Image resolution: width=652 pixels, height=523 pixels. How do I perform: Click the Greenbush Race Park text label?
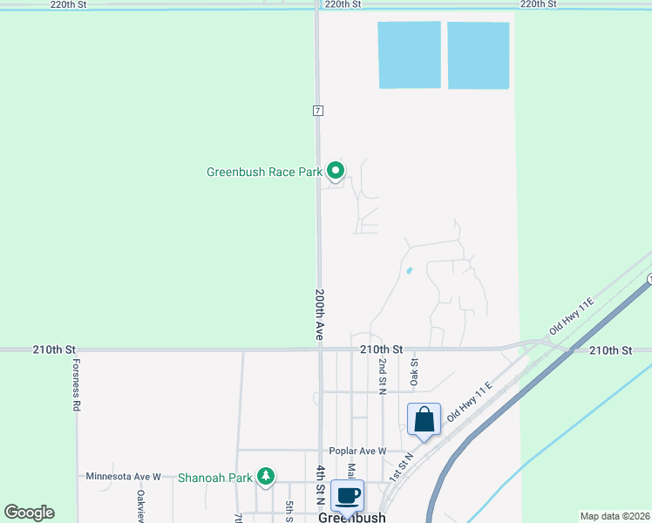click(264, 172)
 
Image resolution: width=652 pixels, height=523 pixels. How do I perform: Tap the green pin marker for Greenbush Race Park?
click(336, 170)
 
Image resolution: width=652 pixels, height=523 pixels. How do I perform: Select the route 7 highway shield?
click(319, 111)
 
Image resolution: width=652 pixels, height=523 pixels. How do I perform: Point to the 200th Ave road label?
click(320, 314)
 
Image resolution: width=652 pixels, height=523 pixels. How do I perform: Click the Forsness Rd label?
click(77, 384)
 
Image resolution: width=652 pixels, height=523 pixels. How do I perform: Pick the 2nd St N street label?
click(382, 376)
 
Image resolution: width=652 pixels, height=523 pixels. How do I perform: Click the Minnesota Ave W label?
click(123, 477)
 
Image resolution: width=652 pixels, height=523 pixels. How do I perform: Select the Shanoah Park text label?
click(214, 478)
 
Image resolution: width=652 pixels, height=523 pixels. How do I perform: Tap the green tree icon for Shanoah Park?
click(265, 477)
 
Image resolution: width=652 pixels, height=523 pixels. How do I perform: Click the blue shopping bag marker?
click(424, 420)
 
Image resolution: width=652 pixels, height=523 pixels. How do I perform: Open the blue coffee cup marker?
click(347, 495)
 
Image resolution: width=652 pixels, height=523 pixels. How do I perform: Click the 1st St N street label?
click(400, 467)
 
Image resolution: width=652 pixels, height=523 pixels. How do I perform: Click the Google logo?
click(29, 513)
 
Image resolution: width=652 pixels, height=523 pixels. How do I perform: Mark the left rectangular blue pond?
click(409, 55)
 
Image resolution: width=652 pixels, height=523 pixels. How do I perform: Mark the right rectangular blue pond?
click(478, 55)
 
